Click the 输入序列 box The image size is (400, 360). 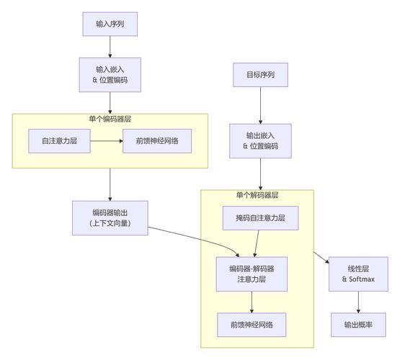pyautogui.click(x=110, y=23)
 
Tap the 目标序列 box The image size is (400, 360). pyautogui.click(x=260, y=75)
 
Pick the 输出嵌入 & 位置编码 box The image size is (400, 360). pyautogui.click(x=260, y=140)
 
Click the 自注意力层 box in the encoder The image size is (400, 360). pyautogui.click(x=59, y=141)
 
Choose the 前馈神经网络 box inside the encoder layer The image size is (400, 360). pyautogui.click(x=158, y=141)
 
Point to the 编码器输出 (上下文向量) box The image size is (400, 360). pyautogui.click(x=110, y=218)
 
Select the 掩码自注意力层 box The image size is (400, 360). pyautogui.click(x=260, y=217)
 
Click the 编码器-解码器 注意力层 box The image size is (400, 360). pyautogui.click(x=252, y=274)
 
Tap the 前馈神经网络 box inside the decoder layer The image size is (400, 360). pyautogui.click(x=252, y=325)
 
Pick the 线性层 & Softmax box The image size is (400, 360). pyautogui.click(x=359, y=274)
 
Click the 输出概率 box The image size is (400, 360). pyautogui.click(x=359, y=325)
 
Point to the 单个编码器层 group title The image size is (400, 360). pyautogui.click(x=110, y=118)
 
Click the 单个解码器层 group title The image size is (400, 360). pyautogui.click(x=257, y=195)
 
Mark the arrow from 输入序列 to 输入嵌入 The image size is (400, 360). pyautogui.click(x=110, y=47)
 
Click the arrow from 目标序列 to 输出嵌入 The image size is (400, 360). pyautogui.click(x=260, y=105)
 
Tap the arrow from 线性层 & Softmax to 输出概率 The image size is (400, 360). pyautogui.click(x=359, y=302)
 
